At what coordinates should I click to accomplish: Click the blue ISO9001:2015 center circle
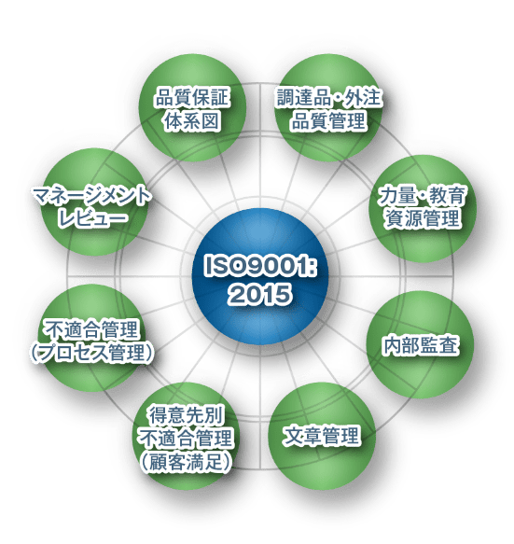260,276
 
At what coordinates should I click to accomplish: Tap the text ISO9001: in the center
260,267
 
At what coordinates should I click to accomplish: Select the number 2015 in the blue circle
259,295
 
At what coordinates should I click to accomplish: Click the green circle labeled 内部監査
421,344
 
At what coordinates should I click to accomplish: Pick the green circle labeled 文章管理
322,436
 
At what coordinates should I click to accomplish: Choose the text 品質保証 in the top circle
192,97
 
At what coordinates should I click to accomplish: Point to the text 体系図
192,120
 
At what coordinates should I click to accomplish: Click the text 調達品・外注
328,97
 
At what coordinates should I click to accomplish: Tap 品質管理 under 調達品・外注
328,120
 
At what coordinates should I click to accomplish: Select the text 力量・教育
422,195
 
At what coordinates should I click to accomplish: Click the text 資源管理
422,218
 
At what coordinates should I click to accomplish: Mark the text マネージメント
92,197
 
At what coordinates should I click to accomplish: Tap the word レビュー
92,219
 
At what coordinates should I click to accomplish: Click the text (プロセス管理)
92,353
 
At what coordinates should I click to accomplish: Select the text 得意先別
187,415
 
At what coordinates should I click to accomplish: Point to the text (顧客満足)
187,462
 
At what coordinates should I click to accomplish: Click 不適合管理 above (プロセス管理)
92,329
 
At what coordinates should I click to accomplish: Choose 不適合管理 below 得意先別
187,439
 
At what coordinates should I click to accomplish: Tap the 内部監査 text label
421,345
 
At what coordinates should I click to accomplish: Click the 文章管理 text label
322,436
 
